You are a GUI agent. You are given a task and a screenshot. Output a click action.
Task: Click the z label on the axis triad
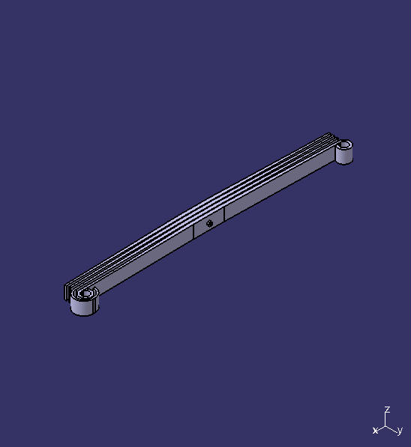pyautogui.click(x=387, y=410)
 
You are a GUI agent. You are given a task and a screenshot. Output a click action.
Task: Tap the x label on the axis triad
pyautogui.click(x=375, y=431)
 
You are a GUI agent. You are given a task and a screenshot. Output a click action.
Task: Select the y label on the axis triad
pyautogui.click(x=400, y=431)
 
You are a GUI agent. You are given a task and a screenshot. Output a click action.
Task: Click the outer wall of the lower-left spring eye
pyautogui.click(x=83, y=306)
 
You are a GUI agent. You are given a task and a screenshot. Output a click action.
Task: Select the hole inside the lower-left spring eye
pyautogui.click(x=85, y=294)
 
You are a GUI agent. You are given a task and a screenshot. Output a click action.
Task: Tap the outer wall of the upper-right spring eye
pyautogui.click(x=344, y=156)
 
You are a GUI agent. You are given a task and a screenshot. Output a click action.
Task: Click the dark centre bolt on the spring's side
pyautogui.click(x=210, y=222)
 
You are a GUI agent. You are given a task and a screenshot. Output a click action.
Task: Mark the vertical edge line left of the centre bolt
pyautogui.click(x=193, y=231)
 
